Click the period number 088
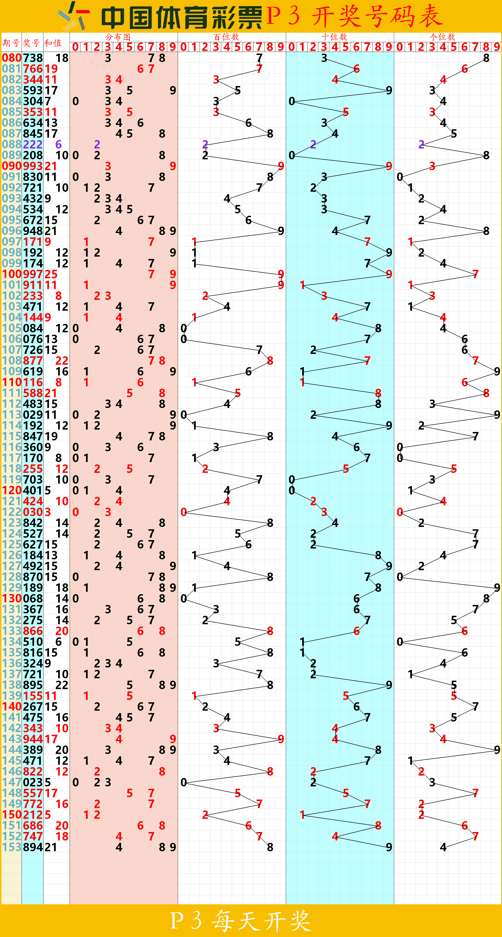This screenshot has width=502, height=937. pos(12,144)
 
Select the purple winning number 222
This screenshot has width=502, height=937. pos(33,144)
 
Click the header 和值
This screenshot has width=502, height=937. pos(53,43)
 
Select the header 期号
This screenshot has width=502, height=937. pos(11,43)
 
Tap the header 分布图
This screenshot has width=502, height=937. pos(118,37)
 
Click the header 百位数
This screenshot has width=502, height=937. pos(226,37)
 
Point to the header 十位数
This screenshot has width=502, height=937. pos(334,37)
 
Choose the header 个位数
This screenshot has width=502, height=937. pos(442,37)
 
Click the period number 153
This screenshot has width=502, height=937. pos(12,847)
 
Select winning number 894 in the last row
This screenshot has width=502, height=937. pos(33,847)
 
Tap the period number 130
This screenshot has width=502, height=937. pos(12,598)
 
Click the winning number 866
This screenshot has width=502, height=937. pos(33,631)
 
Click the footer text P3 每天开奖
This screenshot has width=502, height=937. pos(241,921)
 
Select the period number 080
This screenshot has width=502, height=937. pos(12,58)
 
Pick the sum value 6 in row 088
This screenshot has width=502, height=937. pos(58,144)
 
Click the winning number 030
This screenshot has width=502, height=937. pos(33,512)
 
